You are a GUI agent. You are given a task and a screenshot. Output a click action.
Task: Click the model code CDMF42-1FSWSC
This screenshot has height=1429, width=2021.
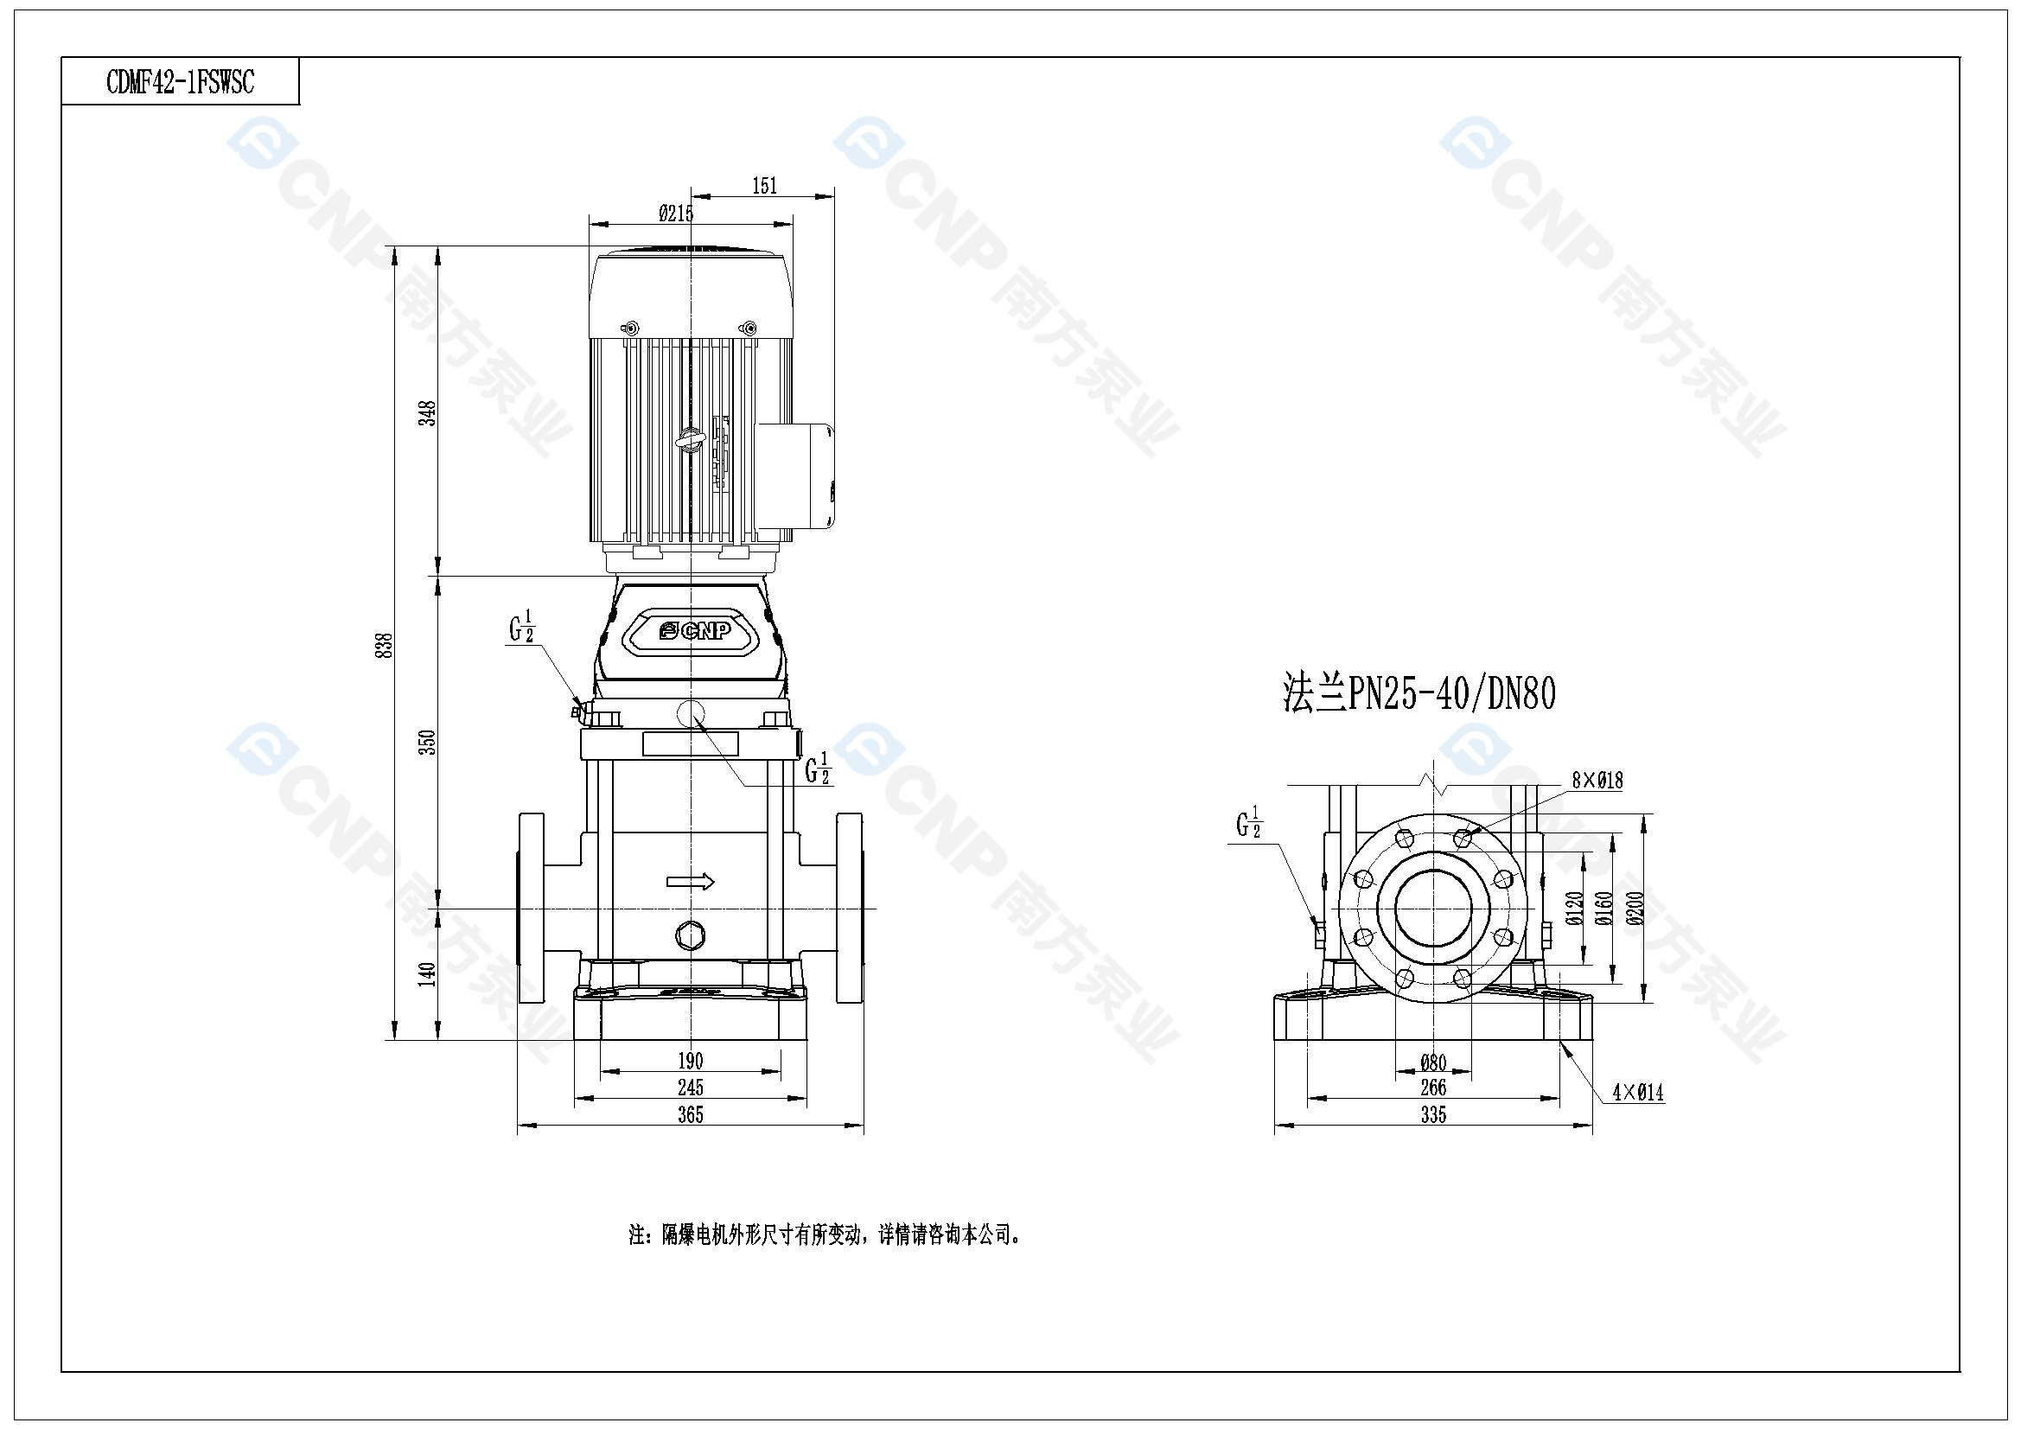[x=181, y=82]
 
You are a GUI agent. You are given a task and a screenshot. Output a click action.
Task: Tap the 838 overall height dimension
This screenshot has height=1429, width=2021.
[x=384, y=646]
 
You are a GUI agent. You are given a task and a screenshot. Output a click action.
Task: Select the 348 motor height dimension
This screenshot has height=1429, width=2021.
[x=427, y=413]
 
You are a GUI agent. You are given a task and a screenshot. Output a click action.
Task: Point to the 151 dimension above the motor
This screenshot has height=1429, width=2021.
[x=764, y=186]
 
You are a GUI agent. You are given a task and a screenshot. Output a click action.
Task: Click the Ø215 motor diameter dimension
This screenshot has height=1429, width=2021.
[x=676, y=213]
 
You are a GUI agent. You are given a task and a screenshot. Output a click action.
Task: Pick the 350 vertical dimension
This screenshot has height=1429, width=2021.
[x=427, y=743]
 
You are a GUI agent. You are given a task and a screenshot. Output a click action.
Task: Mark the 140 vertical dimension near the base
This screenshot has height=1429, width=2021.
[x=427, y=973]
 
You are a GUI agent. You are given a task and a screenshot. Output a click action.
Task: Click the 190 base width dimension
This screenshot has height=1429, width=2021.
[x=690, y=1061]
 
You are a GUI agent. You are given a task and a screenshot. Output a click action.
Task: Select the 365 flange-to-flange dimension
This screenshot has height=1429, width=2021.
[x=690, y=1114]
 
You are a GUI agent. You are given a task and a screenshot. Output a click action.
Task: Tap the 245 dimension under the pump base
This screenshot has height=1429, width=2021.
[x=690, y=1088]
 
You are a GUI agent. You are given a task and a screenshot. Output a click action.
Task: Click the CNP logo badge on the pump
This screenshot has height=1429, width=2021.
[x=694, y=630]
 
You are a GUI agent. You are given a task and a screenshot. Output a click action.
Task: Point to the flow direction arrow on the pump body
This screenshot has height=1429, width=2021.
[x=690, y=882]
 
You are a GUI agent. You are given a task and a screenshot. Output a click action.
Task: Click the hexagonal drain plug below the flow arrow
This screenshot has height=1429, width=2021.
[x=689, y=935]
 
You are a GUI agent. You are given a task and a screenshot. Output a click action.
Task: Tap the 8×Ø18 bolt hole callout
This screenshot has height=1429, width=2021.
[x=1597, y=780]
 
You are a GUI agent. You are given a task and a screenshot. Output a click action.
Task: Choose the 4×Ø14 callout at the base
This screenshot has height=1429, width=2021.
[x=1637, y=1093]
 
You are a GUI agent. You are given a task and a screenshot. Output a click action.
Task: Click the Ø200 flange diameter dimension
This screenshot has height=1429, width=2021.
[x=1635, y=908]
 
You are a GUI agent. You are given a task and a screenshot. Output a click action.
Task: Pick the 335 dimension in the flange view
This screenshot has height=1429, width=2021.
[x=1433, y=1114]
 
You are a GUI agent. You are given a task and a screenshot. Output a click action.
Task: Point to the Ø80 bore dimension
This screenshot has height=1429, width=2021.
[x=1433, y=1062]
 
